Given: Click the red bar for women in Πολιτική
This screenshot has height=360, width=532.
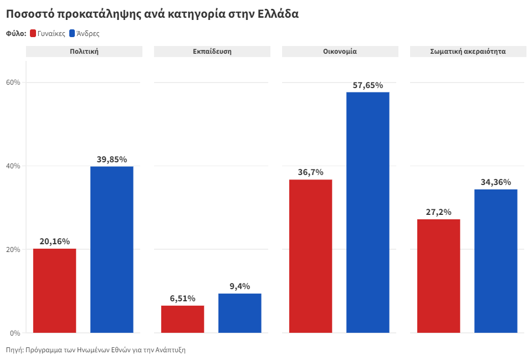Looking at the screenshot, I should click(54, 291).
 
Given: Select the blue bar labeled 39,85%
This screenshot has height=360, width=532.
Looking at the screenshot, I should click(112, 249).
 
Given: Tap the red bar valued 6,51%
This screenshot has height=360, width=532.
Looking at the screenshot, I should click(182, 319).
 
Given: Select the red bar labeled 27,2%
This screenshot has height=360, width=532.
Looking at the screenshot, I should click(438, 276).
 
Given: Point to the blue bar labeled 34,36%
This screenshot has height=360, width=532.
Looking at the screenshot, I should click(495, 261).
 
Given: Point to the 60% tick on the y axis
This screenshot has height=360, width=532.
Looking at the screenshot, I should click(13, 83).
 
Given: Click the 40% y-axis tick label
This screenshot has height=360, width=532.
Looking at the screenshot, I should click(13, 166).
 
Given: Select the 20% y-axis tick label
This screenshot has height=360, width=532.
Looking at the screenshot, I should click(13, 249).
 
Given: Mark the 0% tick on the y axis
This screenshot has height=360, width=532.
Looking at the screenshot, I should click(15, 333).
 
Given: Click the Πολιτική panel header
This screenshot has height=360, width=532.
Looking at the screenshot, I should click(84, 52).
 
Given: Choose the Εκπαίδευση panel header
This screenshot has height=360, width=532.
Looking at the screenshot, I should click(212, 52).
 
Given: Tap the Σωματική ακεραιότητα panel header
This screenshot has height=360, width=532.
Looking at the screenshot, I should click(468, 52).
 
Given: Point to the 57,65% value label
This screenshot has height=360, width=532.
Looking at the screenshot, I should click(368, 85).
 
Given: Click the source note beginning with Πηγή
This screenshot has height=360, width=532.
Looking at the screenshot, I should click(96, 350).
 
